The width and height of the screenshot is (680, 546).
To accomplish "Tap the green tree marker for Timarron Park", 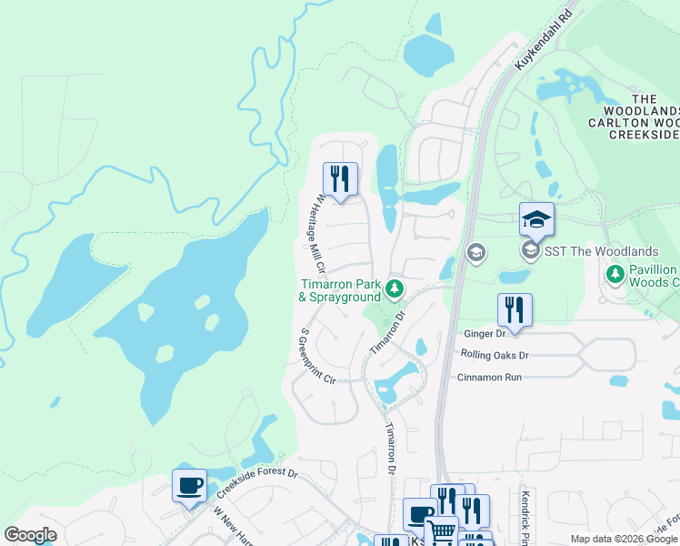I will pos(394,288).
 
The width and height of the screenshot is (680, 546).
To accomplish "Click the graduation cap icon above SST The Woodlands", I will pos(536,219).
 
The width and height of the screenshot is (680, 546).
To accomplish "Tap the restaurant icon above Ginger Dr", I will pos(515,309).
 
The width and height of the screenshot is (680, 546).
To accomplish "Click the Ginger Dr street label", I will pos(483,335).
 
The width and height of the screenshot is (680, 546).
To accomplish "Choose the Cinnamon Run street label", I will pos(489,377).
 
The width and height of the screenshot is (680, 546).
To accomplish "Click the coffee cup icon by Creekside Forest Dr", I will pos(189,486).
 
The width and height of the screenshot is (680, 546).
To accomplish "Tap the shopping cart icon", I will pos(442,531).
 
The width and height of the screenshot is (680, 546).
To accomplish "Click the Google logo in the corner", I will pos(30,535).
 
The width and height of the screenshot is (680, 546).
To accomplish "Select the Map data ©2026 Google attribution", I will pos(624,539).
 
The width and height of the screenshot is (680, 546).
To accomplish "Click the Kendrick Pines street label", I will pos(525,514).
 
